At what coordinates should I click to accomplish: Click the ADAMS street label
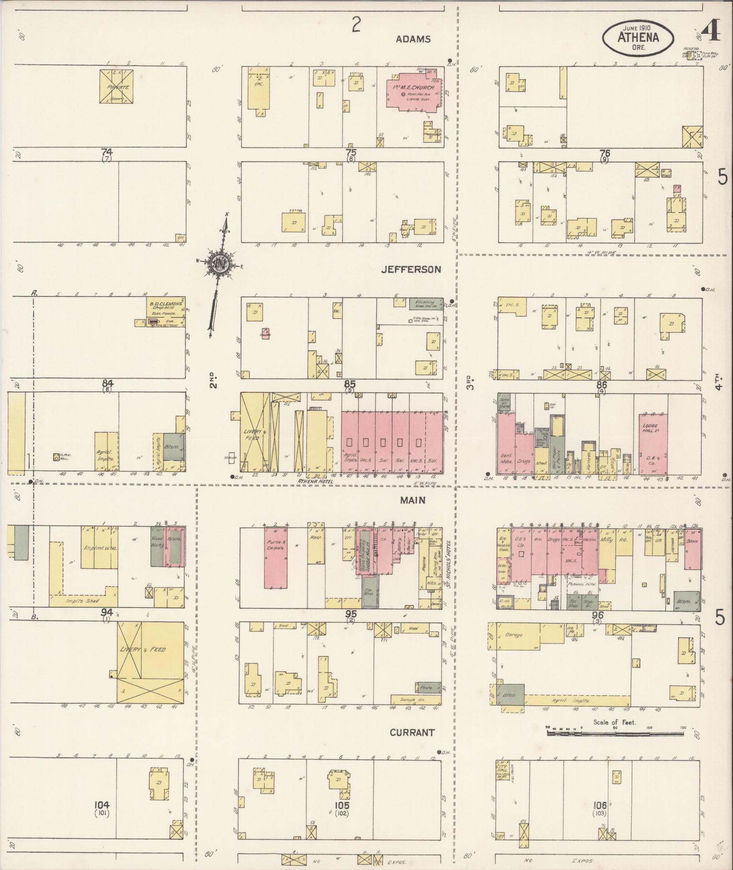[x=413, y=40]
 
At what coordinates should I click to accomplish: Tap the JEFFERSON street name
[x=411, y=269]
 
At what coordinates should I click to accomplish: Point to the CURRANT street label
[x=412, y=732]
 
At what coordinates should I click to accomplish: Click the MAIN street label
[x=413, y=500]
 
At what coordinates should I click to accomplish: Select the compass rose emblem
[x=220, y=264]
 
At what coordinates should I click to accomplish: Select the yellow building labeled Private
[x=118, y=86]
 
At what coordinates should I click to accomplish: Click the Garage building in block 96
[x=518, y=635]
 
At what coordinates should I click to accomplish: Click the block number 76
[x=604, y=153]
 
